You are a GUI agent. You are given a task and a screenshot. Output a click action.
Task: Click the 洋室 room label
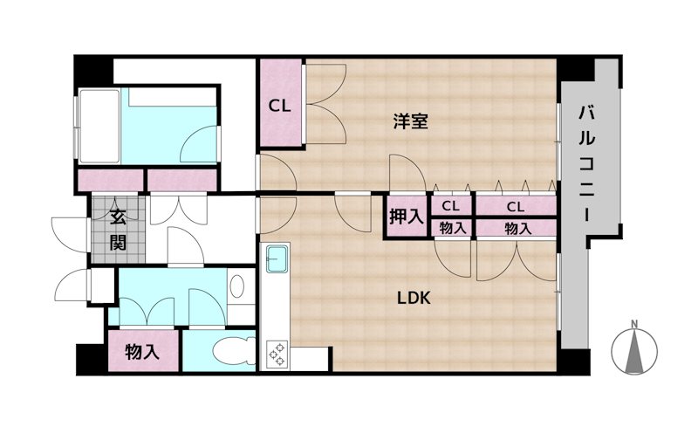pos(410,121)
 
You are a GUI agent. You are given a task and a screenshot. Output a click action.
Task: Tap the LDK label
pos(414,298)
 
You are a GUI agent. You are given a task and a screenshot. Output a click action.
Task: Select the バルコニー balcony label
pos(586,164)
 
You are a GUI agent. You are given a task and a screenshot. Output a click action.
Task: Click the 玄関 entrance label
pos(118,230)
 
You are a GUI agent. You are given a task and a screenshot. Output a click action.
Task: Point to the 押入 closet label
pos(406,217)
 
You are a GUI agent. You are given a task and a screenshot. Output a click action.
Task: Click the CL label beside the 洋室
pos(279,106)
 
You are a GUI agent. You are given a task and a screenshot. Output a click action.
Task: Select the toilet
pos(233,350)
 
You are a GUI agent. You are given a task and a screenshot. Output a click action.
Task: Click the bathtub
pos(99,126)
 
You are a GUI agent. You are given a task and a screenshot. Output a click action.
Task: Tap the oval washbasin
pos(236,286)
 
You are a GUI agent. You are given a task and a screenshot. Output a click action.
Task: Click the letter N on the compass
pos(635,323)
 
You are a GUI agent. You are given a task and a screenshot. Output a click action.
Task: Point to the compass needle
pos(635,351)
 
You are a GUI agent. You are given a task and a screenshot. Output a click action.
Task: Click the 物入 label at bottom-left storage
pos(142,352)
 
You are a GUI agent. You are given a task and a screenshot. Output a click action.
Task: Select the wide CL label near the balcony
pos(515,207)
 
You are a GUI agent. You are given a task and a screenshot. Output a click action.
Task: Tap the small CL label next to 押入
pos(450,206)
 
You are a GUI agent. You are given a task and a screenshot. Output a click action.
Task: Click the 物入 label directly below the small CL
pos(453,228)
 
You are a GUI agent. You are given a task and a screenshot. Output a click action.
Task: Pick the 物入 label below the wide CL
pos(517,229)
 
